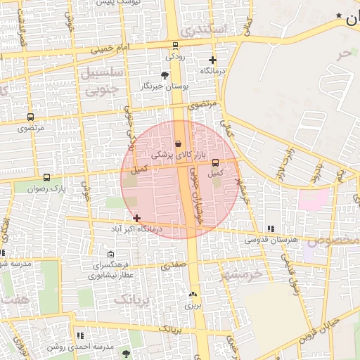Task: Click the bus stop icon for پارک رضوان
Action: [46, 178]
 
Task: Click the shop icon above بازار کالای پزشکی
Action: [178, 143]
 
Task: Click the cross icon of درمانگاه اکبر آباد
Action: [136, 219]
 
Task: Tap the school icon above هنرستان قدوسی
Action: [271, 229]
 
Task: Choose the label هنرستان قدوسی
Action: [271, 240]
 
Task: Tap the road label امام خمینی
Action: [109, 49]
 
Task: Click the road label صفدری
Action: [173, 266]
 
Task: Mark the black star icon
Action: [339, 16]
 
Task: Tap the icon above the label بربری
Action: [193, 295]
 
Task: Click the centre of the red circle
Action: [180, 180]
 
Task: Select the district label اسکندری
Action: [205, 30]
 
